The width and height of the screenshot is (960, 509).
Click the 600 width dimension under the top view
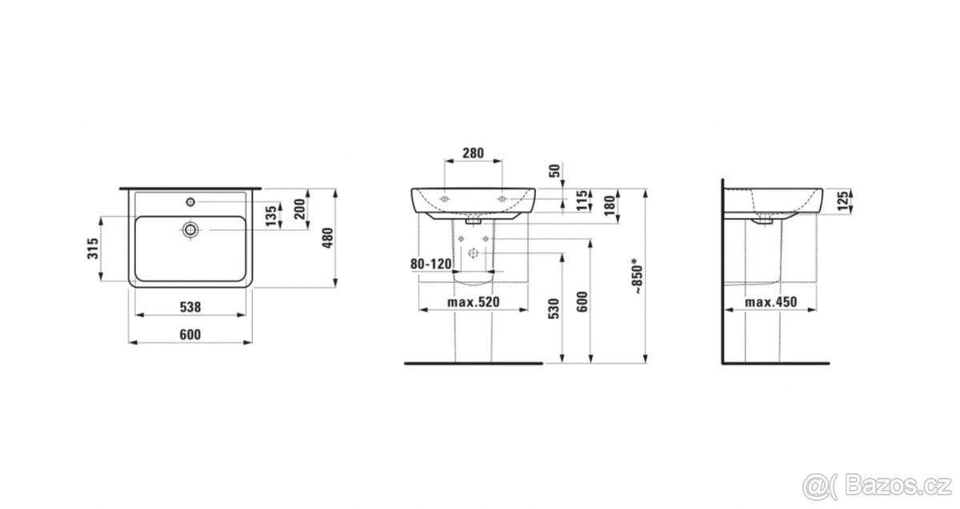pos(190,334)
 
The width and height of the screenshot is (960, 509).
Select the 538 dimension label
pos(190,306)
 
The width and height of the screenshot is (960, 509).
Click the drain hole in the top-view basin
pos(190,229)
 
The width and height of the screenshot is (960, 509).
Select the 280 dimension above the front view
pos(473,152)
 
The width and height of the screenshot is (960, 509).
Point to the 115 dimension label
pos(582,201)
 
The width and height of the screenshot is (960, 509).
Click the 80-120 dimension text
pos(431,263)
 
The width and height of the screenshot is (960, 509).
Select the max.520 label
pos(473,302)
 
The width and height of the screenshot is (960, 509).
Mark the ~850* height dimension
pos(638,277)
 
